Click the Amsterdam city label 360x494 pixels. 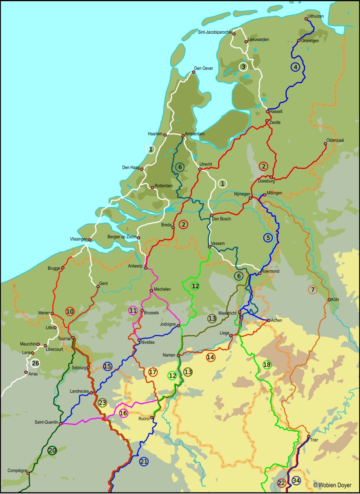click(195, 134)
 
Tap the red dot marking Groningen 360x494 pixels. click(299, 41)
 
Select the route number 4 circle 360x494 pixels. click(295, 67)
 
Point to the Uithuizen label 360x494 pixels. click(316, 16)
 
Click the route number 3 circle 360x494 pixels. click(243, 67)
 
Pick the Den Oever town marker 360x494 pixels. click(194, 72)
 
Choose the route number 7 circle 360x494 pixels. click(313, 289)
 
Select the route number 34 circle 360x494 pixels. click(296, 480)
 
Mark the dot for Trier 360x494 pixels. click(308, 437)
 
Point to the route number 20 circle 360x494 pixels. click(52, 450)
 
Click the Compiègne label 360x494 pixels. click(17, 470)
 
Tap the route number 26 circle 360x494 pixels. click(35, 363)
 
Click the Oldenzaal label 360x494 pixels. click(336, 140)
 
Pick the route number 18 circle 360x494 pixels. click(267, 365)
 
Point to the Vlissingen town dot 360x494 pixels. click(89, 240)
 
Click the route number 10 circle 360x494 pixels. click(70, 311)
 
